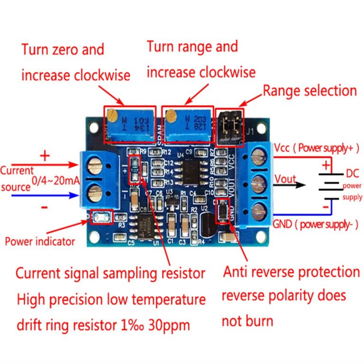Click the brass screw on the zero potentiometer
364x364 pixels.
[112, 114]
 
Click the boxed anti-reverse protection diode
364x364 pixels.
[222, 211]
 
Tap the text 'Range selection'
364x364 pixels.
[309, 91]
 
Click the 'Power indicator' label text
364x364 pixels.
[40, 241]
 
